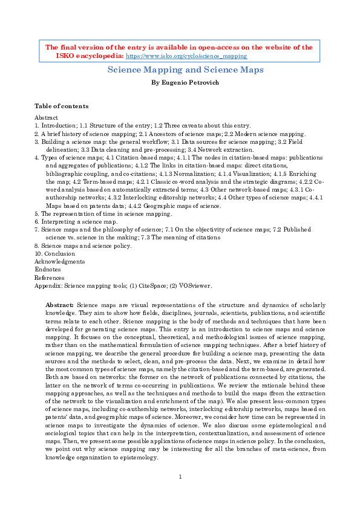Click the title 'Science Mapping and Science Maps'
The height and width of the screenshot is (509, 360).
tap(185, 70)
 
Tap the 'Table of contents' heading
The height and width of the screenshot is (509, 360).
tap(61, 106)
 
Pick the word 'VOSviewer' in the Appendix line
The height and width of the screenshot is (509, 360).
tap(195, 285)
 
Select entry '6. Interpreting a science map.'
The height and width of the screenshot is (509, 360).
tap(76, 222)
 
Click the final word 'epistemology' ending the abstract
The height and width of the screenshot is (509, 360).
tap(140, 458)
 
